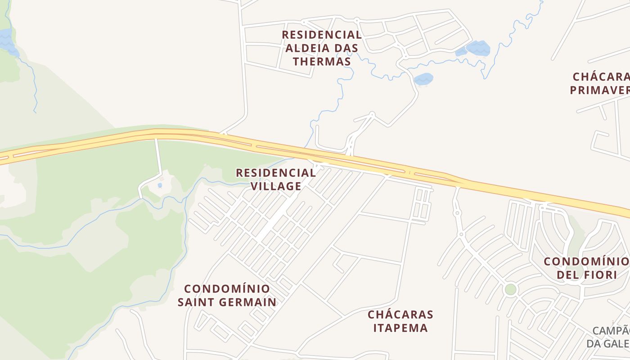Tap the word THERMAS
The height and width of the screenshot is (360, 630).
point(322,62)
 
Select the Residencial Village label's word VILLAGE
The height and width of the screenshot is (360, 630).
point(276,186)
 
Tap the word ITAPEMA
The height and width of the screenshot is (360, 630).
point(400,328)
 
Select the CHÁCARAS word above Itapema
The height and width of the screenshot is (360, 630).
point(400,314)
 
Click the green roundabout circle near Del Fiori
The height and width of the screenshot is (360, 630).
point(510,289)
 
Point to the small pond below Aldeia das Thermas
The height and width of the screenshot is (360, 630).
point(423,79)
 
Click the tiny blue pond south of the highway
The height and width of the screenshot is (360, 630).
point(160,185)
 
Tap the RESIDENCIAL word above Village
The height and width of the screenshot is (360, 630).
point(276,173)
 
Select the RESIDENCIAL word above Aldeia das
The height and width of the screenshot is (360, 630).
point(322,35)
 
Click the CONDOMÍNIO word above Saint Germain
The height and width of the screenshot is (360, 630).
point(227,288)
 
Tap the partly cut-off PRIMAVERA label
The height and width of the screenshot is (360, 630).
point(599,90)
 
